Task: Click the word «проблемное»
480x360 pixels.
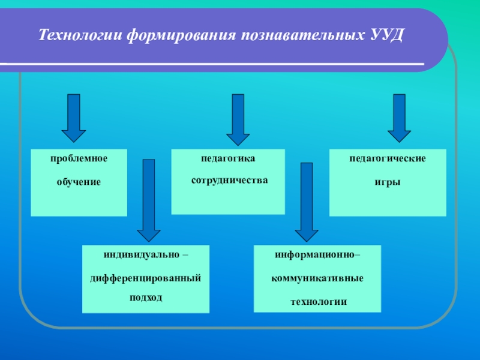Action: [79, 159]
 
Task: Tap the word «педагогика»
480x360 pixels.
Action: [228, 159]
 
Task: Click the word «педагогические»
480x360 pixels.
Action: [388, 159]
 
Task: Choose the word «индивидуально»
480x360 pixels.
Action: [142, 255]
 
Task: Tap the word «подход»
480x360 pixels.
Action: [146, 298]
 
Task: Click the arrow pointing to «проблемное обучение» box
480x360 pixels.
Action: [74, 117]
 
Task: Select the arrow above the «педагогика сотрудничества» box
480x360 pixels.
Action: [238, 119]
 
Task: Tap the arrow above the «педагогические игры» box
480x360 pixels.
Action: [399, 117]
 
